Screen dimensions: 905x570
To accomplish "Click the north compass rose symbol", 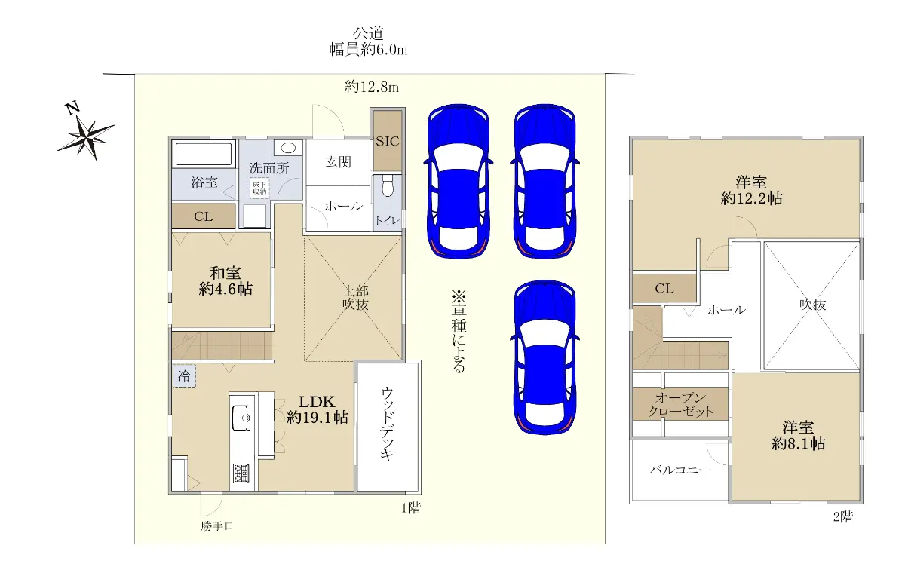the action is click(x=87, y=137).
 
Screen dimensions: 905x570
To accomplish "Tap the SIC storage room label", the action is click(x=387, y=142).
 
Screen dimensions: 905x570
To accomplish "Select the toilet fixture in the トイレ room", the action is click(x=388, y=185).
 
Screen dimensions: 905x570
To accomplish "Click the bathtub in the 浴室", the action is click(x=204, y=154).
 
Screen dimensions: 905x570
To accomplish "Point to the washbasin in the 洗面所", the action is click(x=288, y=148).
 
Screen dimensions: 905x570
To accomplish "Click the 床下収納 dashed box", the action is click(x=259, y=188).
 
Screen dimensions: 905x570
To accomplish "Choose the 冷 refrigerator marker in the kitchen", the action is click(x=184, y=376).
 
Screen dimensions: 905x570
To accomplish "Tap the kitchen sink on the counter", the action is click(x=241, y=418).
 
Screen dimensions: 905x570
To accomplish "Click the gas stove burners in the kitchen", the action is click(x=241, y=473).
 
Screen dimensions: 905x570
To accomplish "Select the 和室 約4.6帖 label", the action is click(x=225, y=281).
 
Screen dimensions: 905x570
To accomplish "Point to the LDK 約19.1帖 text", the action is click(x=318, y=409).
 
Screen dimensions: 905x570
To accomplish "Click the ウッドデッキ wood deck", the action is click(x=388, y=427).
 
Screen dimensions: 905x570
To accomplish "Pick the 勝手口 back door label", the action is click(x=217, y=526).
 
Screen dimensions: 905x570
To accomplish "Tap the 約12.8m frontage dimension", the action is click(x=371, y=87).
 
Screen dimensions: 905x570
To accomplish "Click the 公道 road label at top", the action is click(x=368, y=33).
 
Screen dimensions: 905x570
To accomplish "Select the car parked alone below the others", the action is click(x=545, y=357).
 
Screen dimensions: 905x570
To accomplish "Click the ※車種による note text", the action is click(x=459, y=331).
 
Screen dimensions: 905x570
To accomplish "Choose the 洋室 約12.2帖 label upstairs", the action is click(x=751, y=190).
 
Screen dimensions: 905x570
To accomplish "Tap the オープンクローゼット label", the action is click(x=681, y=405).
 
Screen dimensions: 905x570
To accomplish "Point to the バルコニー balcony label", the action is click(x=680, y=470).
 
